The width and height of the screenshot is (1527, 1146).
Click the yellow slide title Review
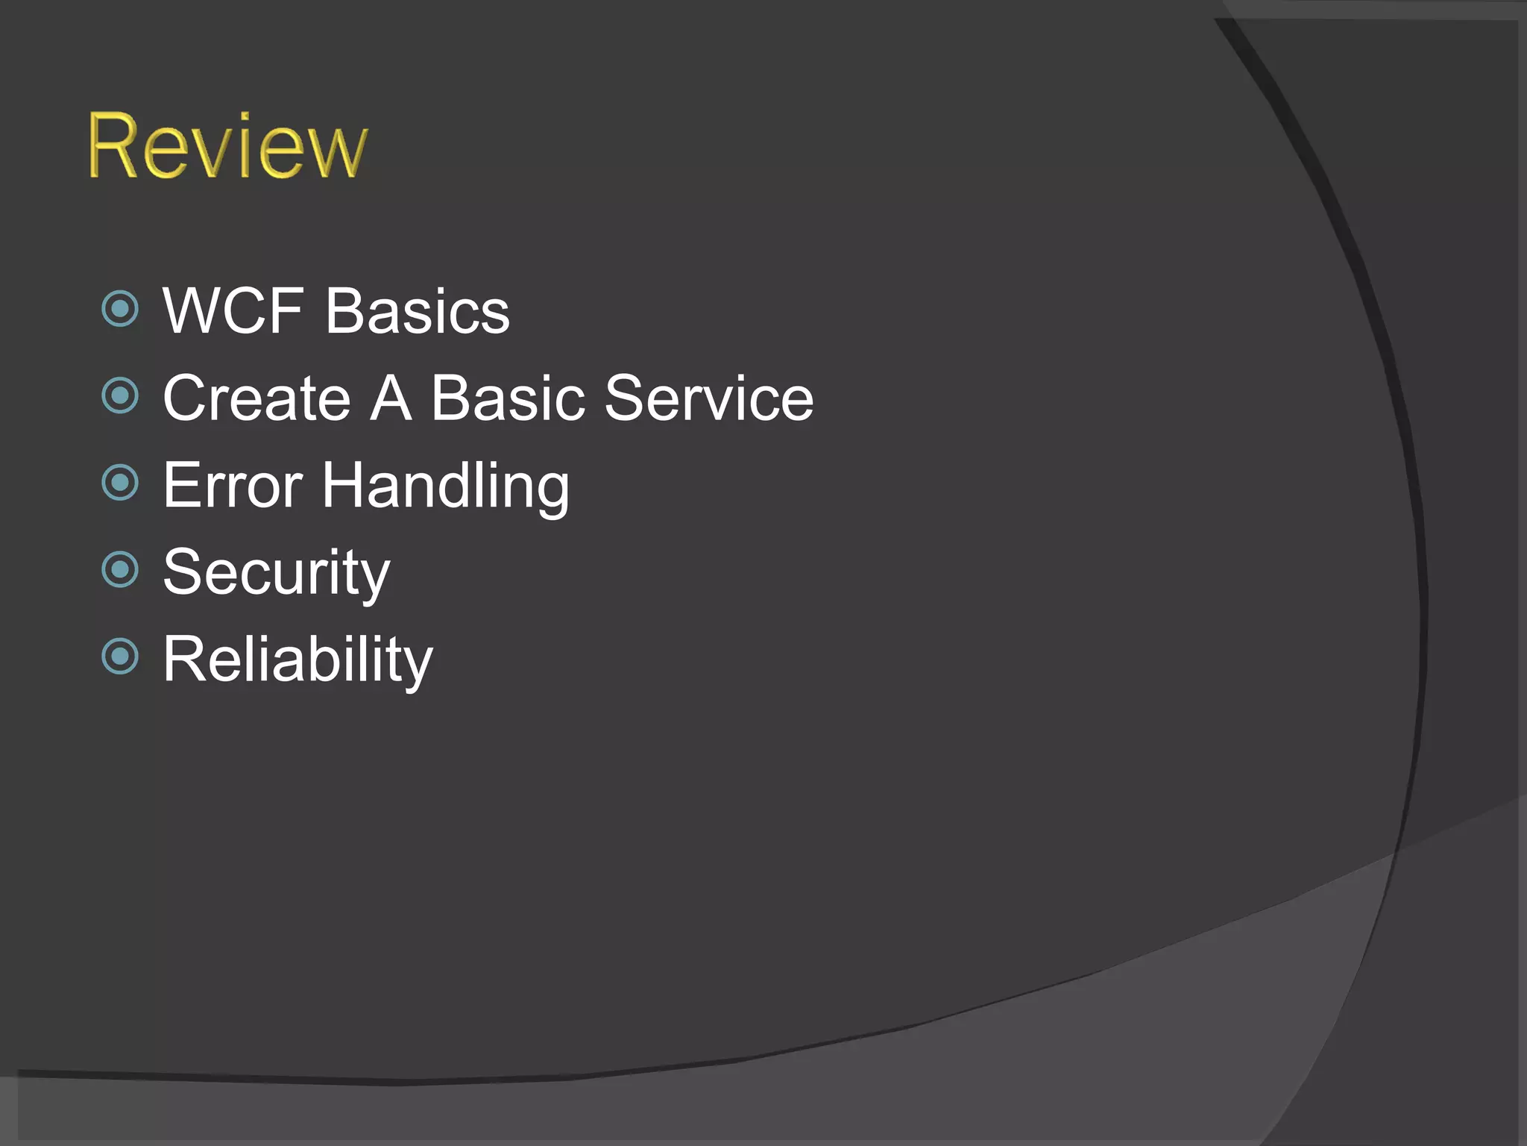[227, 146]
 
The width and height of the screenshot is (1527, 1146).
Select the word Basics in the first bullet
[418, 311]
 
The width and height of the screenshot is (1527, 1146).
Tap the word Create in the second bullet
[256, 398]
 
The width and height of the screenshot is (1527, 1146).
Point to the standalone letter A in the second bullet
[391, 398]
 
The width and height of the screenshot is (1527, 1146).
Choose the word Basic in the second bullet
[508, 398]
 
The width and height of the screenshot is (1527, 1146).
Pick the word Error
[233, 486]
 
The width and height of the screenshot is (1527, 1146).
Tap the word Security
[276, 573]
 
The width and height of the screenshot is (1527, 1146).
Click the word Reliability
[297, 660]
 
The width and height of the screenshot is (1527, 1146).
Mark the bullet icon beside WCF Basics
[120, 309]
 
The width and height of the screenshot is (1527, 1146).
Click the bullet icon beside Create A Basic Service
[120, 395]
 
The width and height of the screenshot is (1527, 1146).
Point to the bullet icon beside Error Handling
[120, 482]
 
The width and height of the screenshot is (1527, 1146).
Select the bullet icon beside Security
[120, 570]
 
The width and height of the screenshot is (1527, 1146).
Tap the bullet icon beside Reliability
[120, 657]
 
